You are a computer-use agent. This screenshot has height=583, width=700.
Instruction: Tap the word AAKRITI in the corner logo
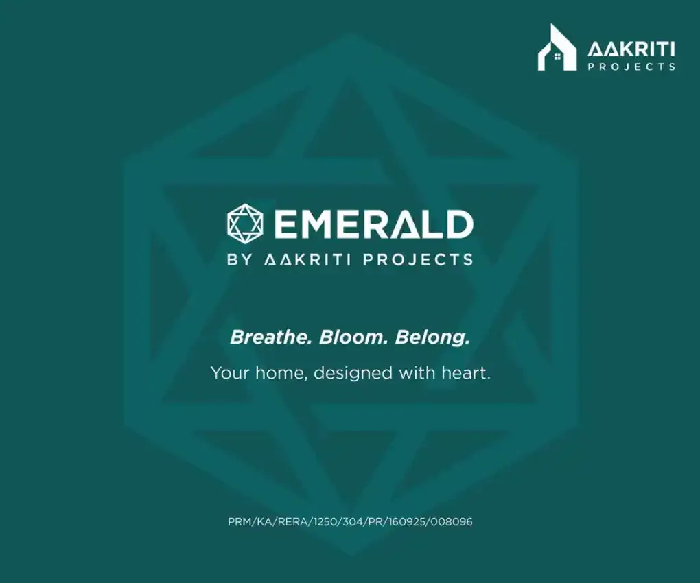(631, 49)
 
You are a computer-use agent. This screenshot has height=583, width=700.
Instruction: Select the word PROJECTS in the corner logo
(631, 67)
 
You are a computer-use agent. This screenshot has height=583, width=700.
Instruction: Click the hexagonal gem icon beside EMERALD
(245, 223)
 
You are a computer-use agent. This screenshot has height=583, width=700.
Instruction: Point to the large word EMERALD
(374, 224)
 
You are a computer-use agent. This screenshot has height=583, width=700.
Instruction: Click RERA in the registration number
(291, 522)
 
